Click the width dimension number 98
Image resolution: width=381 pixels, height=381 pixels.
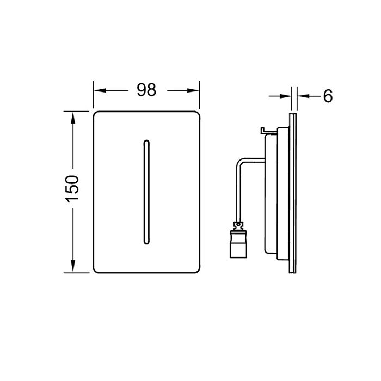(x=146, y=90)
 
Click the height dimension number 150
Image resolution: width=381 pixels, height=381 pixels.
(x=72, y=189)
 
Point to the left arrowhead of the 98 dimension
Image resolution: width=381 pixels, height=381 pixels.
(x=98, y=90)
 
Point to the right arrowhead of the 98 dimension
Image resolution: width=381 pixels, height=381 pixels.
(x=195, y=90)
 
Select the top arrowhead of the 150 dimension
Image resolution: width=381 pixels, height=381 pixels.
(x=72, y=115)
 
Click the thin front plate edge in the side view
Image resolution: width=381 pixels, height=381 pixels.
(x=294, y=190)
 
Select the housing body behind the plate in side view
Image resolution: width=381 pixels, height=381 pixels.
(x=275, y=190)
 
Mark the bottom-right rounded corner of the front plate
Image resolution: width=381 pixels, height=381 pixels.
(x=195, y=268)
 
